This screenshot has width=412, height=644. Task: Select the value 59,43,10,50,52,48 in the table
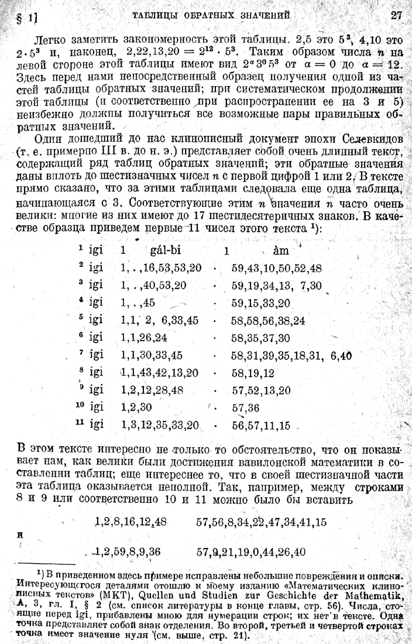pyautogui.click(x=276, y=268)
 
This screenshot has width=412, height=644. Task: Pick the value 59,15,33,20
pyautogui.click(x=260, y=304)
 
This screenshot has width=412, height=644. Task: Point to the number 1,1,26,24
pyautogui.click(x=145, y=338)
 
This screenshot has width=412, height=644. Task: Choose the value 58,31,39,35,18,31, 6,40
pyautogui.click(x=291, y=355)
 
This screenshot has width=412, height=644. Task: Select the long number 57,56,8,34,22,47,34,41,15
pyautogui.click(x=262, y=521)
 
